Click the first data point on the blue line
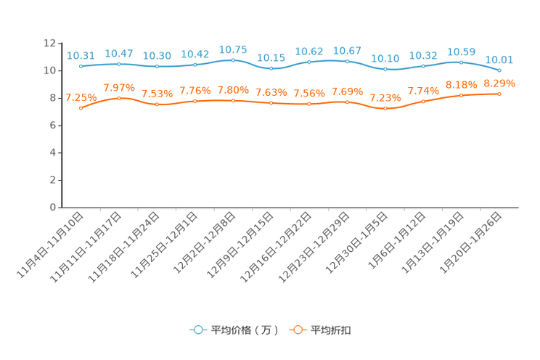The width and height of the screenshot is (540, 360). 81,66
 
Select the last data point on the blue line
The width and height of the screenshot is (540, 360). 499,70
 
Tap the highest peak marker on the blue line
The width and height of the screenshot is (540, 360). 233,60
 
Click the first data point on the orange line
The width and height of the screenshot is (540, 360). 81,108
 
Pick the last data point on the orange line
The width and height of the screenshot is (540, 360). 499,94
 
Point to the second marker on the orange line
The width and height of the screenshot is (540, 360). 119,98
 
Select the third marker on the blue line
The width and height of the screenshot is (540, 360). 157,66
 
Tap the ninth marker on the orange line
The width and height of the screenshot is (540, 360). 385,109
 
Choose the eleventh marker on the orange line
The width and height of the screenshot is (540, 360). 461,95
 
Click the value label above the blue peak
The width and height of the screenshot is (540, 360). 233,49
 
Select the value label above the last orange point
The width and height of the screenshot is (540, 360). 499,83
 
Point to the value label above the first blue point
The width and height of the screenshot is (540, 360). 81,55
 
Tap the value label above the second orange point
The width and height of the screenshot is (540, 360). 119,87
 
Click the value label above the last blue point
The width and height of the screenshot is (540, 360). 499,59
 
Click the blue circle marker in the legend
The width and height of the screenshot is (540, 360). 197,330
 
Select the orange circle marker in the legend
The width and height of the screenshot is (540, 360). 298,330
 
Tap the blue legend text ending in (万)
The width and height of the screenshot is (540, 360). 245,330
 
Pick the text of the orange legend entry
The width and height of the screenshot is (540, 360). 332,330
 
